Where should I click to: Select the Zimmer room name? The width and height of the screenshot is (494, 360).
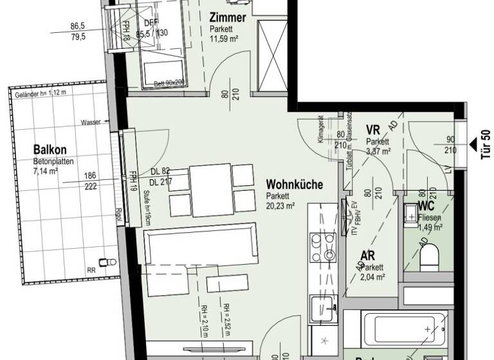[227, 19]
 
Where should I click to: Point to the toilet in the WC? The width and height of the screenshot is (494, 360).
[428, 258]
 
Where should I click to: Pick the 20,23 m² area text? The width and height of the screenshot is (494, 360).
[280, 206]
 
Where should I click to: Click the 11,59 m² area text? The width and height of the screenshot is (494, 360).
[223, 39]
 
